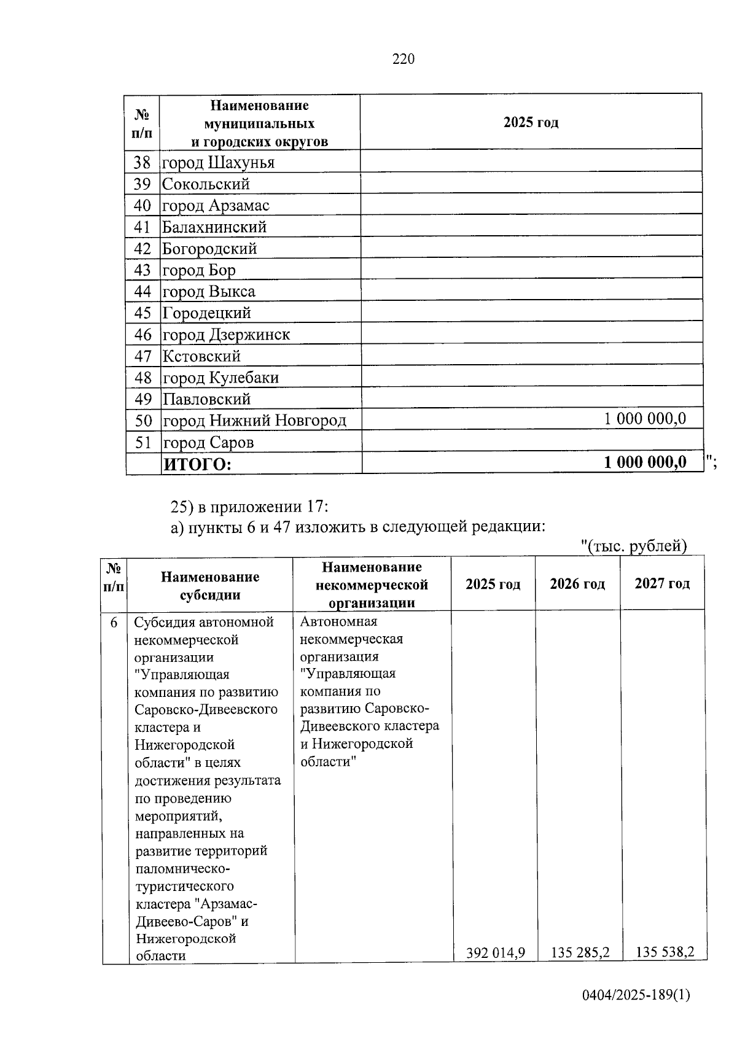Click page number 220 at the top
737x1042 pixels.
[x=404, y=59]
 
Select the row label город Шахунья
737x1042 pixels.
[x=217, y=163]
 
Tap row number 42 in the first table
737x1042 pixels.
[x=142, y=249]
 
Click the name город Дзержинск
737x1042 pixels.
[x=225, y=335]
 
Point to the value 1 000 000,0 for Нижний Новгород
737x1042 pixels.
[x=645, y=419]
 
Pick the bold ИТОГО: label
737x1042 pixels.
[x=197, y=464]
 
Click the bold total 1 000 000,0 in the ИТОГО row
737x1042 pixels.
[x=645, y=462]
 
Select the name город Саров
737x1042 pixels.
[x=208, y=443]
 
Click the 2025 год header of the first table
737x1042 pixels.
[x=531, y=122]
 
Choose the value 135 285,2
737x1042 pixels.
[x=580, y=952]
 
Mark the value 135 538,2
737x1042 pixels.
[x=665, y=952]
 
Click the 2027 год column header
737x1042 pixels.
[x=662, y=583]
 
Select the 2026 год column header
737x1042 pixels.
[x=577, y=583]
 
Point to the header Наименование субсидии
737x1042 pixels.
[x=210, y=586]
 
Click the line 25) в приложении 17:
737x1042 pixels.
[x=249, y=507]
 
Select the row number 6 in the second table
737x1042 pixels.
[x=114, y=623]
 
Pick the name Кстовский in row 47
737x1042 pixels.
[x=201, y=356]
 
